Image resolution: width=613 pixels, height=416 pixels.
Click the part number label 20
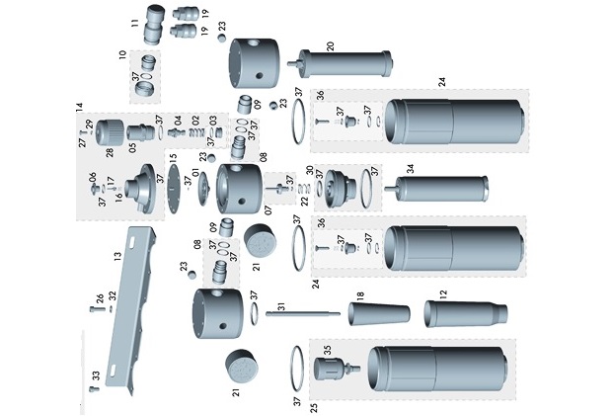[x=331, y=45]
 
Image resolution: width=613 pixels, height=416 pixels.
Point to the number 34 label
[x=410, y=169]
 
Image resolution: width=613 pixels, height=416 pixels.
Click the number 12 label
[x=443, y=294]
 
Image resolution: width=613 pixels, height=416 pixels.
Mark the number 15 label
[x=173, y=157]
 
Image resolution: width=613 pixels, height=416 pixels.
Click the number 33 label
[x=96, y=374]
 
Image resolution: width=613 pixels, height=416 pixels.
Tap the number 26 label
[x=100, y=297]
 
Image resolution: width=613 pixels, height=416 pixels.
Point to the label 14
[x=79, y=106]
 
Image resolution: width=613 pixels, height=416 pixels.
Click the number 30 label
[x=309, y=169]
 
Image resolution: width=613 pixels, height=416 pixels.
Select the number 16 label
[x=118, y=198]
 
